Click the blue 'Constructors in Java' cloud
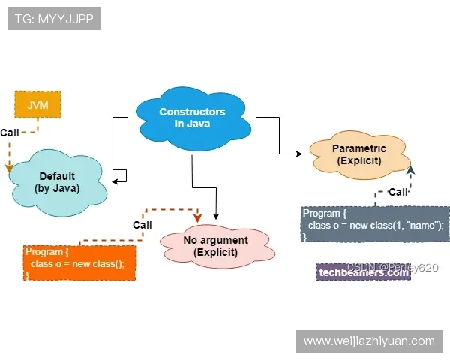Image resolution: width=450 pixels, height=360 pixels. [x=192, y=118]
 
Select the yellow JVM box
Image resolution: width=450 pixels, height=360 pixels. [x=37, y=106]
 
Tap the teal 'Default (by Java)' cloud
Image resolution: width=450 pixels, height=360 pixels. [x=57, y=182]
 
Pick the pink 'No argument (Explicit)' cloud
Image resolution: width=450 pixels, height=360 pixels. [x=215, y=246]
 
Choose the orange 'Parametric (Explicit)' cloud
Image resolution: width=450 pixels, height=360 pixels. [x=358, y=154]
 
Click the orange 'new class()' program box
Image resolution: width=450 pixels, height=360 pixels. [x=79, y=262]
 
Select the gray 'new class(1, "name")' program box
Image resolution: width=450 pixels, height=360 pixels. [x=375, y=223]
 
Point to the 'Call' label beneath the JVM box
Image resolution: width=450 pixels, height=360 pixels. [x=10, y=133]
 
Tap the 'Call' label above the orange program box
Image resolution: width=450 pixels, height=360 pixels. [x=142, y=224]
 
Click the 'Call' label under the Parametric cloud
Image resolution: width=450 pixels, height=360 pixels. [x=397, y=192]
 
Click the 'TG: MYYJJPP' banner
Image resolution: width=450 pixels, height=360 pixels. [x=54, y=19]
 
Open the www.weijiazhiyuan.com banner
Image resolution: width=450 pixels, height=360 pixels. [x=369, y=341]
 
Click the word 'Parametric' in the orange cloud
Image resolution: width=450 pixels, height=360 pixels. [x=358, y=148]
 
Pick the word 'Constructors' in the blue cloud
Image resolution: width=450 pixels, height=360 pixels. [x=192, y=112]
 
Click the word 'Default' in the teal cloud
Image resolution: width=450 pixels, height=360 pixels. [x=57, y=176]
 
